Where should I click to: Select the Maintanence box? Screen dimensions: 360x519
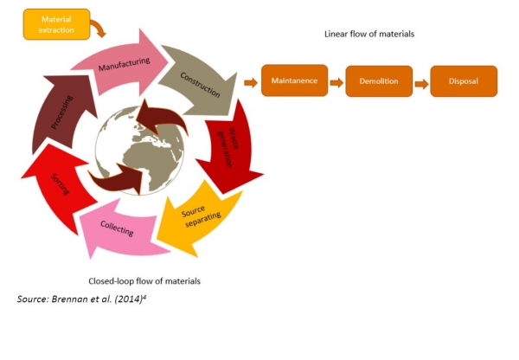pos(295,81)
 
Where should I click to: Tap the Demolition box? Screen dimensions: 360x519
pos(378,81)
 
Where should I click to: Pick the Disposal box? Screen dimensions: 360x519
pos(464,81)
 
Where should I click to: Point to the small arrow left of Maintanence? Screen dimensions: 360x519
pos(251,83)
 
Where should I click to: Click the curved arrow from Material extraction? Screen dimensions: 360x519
pos(98,29)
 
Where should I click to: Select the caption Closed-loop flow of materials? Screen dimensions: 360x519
pos(144,281)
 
